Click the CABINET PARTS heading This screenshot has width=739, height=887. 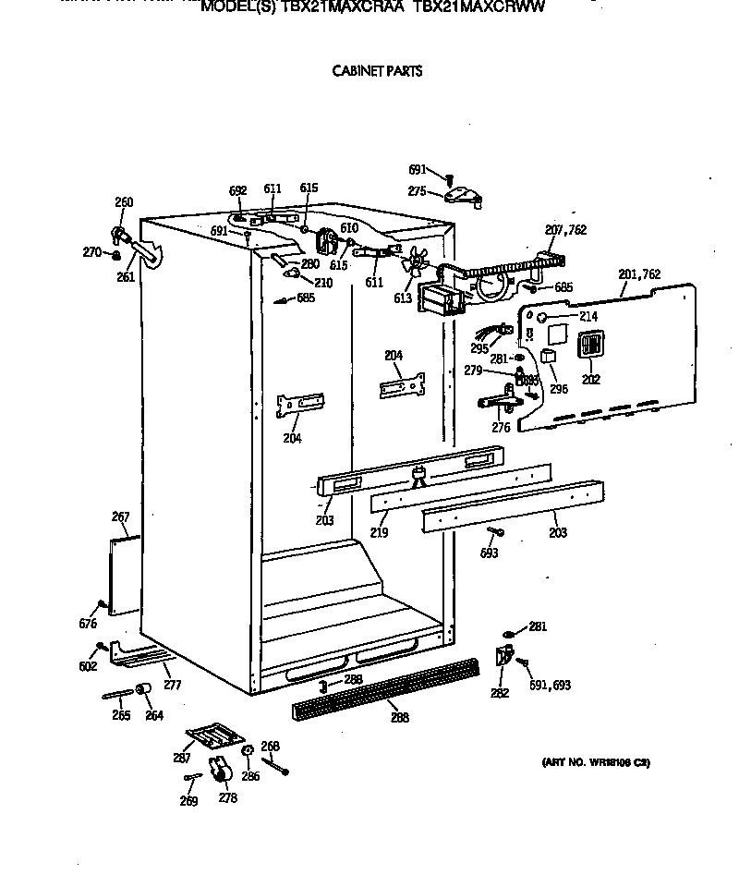[x=377, y=71]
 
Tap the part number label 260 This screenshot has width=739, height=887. [x=124, y=203]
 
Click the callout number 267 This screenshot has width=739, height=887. [x=120, y=517]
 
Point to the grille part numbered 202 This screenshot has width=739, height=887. [x=589, y=346]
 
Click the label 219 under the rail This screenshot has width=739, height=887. [x=380, y=533]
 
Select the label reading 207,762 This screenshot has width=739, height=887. [x=565, y=230]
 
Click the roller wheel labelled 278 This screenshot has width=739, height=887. [x=220, y=770]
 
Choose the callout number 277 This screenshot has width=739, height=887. [x=172, y=685]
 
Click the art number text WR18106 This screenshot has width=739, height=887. [x=595, y=763]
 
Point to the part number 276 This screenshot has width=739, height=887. [x=501, y=428]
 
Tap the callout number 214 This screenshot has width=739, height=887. [x=588, y=317]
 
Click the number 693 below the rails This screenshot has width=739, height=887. [x=490, y=553]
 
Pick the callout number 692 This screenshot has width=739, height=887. [x=238, y=191]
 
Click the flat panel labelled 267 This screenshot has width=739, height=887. [x=125, y=573]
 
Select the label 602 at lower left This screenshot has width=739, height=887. [x=88, y=666]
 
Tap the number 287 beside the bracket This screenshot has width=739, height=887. [x=182, y=758]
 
